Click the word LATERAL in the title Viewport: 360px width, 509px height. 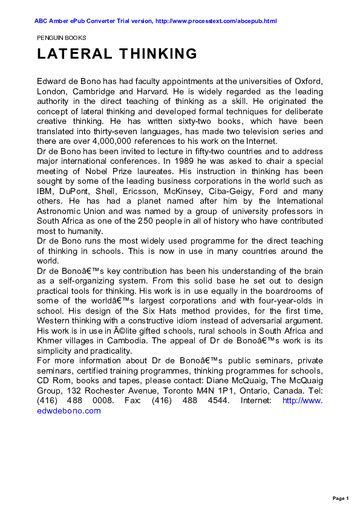[x=73, y=54]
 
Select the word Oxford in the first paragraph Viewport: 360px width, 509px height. [x=306, y=82]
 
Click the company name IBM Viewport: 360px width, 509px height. [x=46, y=190]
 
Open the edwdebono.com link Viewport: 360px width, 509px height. [x=68, y=410]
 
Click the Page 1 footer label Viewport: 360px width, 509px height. [x=341, y=498]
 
